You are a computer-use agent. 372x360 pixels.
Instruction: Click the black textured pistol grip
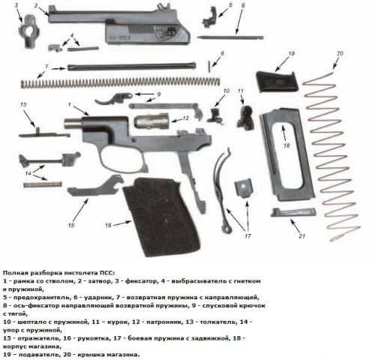pos(163,215)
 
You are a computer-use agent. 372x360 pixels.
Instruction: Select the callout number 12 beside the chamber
pos(185,118)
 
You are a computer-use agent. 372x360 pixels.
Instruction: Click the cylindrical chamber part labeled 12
pos(151,121)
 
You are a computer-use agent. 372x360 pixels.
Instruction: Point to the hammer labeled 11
pos(245,118)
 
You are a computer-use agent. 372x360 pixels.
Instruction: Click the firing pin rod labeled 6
pos(230,37)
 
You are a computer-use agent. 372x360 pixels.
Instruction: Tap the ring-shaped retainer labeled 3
pos(30,32)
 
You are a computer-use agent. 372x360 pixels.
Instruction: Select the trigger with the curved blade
pos(113,97)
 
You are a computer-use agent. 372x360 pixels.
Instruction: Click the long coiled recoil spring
pos(121,83)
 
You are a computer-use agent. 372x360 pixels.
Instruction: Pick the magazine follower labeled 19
pos(277,81)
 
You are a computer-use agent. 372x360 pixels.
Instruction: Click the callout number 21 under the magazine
pos(302,235)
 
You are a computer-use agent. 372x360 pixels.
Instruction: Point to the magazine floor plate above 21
pos(293,213)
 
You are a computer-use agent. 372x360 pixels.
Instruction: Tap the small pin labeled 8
pos(208,67)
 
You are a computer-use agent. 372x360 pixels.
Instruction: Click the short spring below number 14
pos(43,184)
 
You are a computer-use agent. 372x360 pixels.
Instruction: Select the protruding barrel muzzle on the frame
pos(73,123)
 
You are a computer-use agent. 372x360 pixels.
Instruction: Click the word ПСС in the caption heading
pos(106,272)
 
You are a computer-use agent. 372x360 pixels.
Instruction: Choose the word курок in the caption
pos(115,322)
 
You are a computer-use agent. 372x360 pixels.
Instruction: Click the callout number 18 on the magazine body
pos(286,145)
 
